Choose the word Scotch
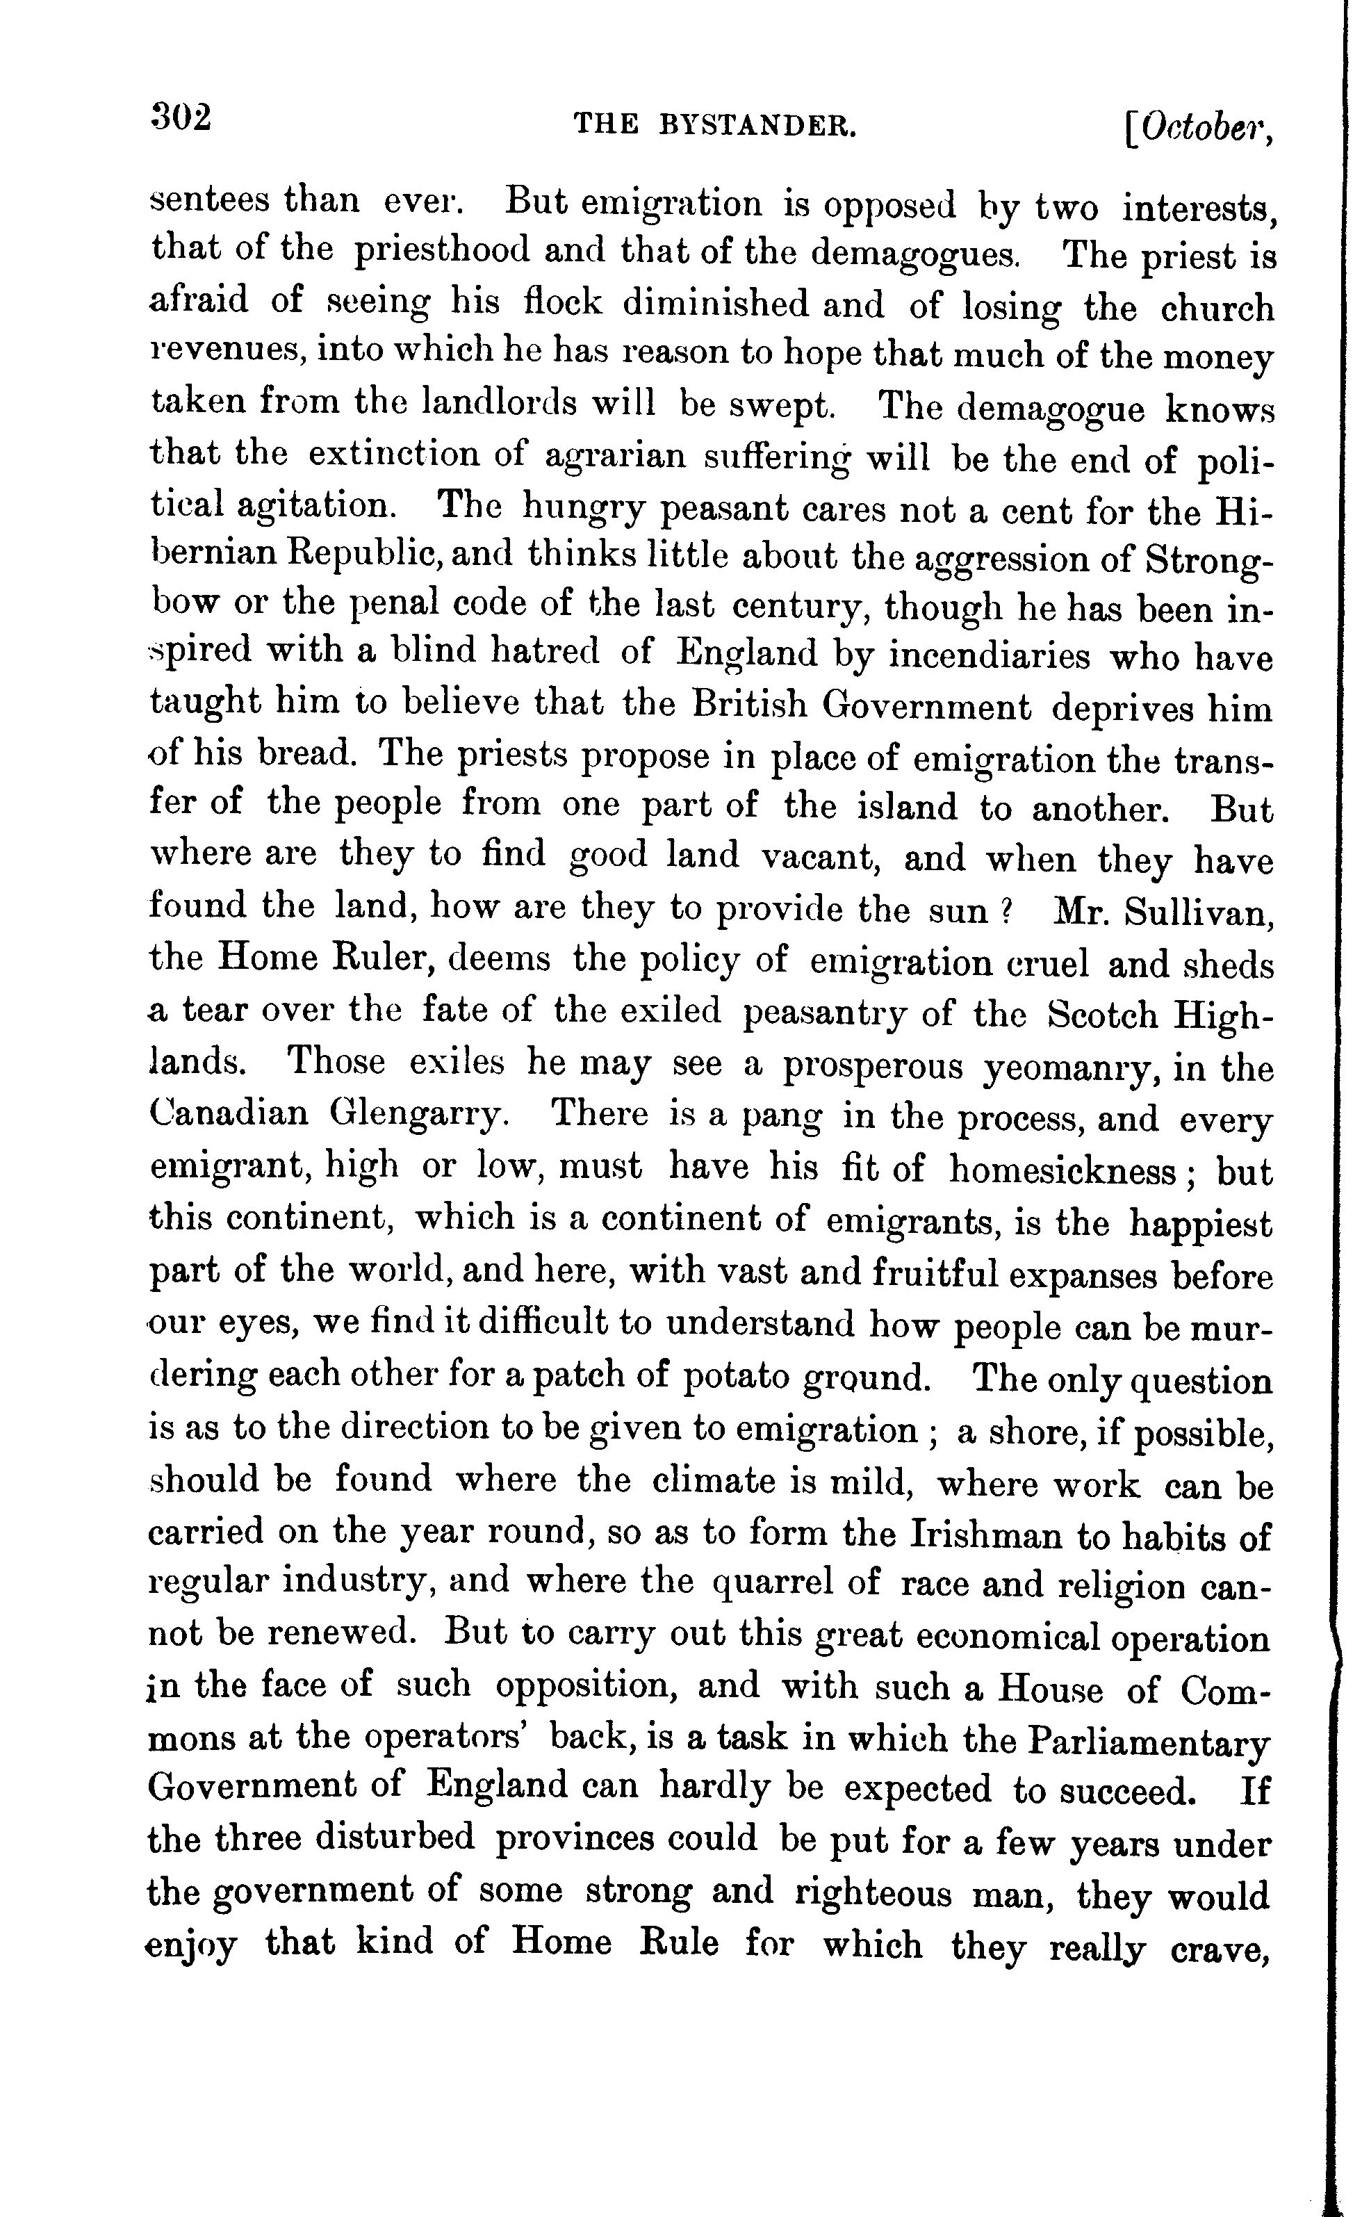(x=1103, y=1015)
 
